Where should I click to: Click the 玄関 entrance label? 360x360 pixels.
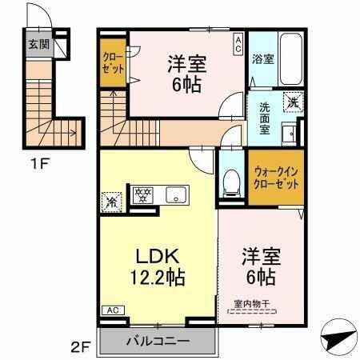pyautogui.click(x=38, y=45)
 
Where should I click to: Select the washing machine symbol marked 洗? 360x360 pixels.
pyautogui.click(x=294, y=102)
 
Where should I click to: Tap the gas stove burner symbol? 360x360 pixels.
pyautogui.click(x=142, y=194)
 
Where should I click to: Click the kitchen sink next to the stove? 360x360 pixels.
pyautogui.click(x=175, y=194)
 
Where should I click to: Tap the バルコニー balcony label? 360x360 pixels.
pyautogui.click(x=158, y=341)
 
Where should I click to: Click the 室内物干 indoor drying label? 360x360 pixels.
pyautogui.click(x=253, y=302)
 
